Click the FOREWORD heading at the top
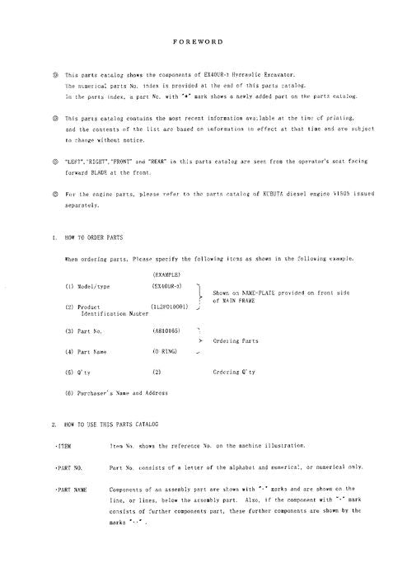click(203, 38)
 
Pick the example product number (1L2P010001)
click(175, 307)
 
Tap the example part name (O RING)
click(166, 352)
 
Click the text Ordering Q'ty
click(234, 372)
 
